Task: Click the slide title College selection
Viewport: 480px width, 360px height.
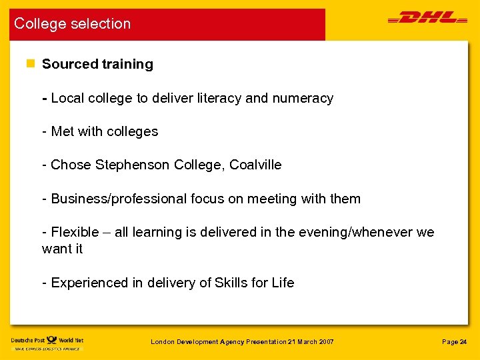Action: click(73, 24)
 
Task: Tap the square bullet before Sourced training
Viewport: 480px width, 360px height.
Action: click(29, 64)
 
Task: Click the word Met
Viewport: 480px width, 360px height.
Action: click(63, 131)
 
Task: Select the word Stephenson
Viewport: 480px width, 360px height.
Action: click(133, 165)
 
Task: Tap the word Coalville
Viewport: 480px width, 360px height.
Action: click(255, 165)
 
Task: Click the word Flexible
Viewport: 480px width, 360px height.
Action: click(74, 232)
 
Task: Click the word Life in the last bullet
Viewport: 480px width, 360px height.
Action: click(283, 283)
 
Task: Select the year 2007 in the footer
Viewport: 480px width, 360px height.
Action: click(325, 342)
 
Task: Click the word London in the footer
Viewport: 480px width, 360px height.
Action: click(163, 342)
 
